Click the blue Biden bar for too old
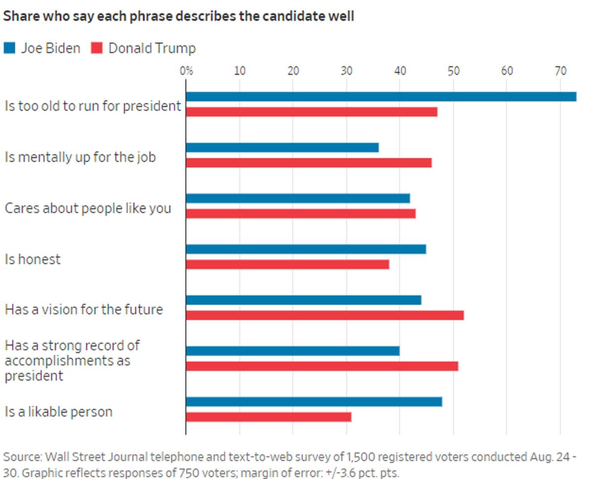point(381,97)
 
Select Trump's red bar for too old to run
point(311,112)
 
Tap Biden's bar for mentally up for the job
point(282,147)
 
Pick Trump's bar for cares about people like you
point(300,213)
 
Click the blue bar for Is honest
point(306,249)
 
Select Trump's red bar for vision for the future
point(325,315)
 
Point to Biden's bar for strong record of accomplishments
point(293,351)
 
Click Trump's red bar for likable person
point(268,417)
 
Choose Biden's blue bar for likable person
point(314,402)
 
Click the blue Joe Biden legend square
point(9,48)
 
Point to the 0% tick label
point(186,71)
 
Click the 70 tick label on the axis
point(560,71)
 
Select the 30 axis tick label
point(347,71)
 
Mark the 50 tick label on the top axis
point(453,71)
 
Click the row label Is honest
point(33,259)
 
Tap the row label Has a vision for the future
point(84,310)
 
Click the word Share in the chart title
point(18,16)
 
